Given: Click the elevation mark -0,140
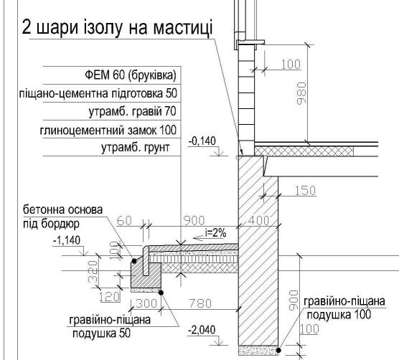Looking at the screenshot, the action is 202,141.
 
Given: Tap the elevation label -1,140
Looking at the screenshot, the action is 67,240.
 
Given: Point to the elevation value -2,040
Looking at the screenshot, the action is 202,330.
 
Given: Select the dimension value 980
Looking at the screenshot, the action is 301,93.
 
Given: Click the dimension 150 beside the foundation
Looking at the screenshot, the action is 306,190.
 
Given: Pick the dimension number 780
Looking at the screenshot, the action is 200,303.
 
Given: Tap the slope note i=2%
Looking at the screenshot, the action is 216,232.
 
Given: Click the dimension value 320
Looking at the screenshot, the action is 93,271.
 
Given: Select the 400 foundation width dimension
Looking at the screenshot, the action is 258,220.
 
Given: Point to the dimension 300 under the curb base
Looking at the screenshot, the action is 146,303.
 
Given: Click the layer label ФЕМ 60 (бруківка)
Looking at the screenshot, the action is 131,75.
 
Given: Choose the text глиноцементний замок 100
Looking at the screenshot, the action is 108,130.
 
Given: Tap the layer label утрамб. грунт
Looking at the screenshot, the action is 136,148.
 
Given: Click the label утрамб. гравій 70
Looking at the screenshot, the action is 132,111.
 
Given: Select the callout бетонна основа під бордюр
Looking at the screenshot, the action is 63,217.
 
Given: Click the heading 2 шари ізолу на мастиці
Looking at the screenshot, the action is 117,27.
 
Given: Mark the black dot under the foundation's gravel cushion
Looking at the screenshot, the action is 279,351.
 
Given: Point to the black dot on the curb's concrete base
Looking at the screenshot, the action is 134,261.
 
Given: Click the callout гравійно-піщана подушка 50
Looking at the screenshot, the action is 110,326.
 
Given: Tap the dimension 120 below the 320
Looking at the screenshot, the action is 109,296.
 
